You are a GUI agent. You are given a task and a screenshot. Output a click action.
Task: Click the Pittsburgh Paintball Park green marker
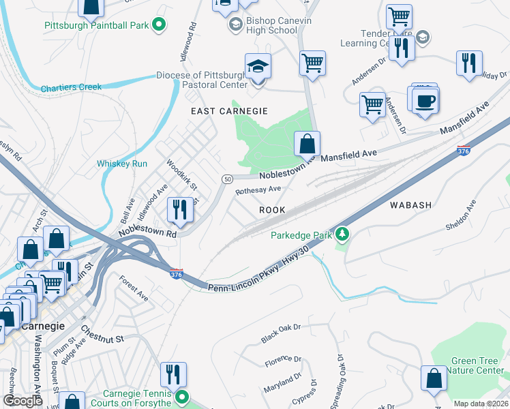tap(159, 26)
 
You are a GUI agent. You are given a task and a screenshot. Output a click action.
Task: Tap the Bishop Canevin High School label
tap(262, 26)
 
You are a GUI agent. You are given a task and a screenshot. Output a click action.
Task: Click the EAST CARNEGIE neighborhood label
tap(228, 110)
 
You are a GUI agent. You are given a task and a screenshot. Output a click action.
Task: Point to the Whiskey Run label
tap(122, 164)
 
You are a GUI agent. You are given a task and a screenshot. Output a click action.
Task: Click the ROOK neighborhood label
tap(272, 211)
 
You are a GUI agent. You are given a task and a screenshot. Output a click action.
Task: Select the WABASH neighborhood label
tap(410, 204)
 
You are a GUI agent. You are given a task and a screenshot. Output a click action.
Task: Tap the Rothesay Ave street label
tap(258, 190)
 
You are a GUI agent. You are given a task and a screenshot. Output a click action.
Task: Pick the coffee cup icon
tap(425, 101)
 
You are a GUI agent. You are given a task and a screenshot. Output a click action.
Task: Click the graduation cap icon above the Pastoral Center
tap(258, 67)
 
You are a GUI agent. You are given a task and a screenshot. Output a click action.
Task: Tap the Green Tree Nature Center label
tap(477, 366)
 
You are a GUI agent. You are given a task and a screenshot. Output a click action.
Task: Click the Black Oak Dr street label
tap(281, 333)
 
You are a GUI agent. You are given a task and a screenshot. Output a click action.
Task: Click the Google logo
tap(22, 401)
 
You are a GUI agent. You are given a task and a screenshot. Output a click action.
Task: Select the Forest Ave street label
tap(133, 288)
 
